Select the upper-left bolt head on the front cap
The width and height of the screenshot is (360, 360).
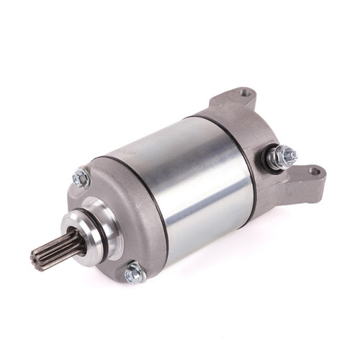pos(81,177)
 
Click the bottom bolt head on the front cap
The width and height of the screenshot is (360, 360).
pos(133,273)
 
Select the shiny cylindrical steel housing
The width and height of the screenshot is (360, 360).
pos(180,180)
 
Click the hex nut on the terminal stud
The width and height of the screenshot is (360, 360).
pos(283,155)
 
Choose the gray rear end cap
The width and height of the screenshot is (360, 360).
pos(266,130)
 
